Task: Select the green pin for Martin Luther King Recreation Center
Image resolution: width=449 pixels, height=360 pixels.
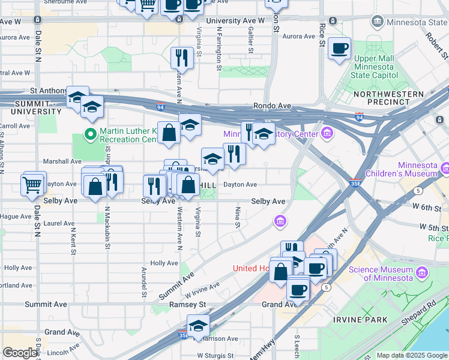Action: click(x=91, y=133)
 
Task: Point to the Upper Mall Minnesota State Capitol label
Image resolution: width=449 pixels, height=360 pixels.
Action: click(x=373, y=67)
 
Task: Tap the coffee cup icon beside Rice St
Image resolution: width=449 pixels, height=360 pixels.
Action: click(x=339, y=48)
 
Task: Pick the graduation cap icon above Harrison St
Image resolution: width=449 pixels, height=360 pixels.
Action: click(x=197, y=326)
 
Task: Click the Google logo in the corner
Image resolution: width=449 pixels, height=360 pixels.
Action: click(x=20, y=353)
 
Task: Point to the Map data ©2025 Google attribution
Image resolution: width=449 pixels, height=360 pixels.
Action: click(x=411, y=355)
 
